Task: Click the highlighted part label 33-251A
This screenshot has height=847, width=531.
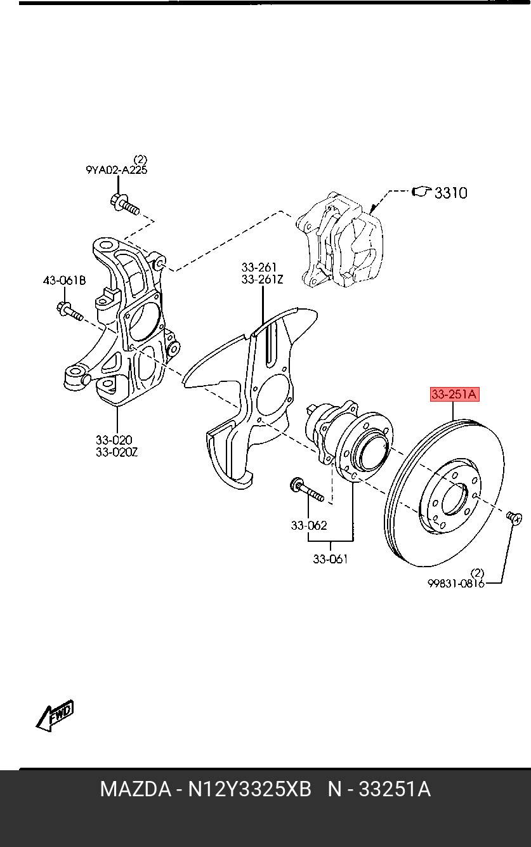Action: click(454, 395)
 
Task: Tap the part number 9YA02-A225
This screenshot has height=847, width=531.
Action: click(117, 170)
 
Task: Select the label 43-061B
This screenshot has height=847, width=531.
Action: click(64, 280)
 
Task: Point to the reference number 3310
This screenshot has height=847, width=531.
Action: click(450, 193)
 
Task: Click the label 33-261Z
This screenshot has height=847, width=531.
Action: click(262, 279)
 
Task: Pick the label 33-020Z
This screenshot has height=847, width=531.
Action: click(117, 452)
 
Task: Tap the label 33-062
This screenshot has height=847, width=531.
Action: click(308, 525)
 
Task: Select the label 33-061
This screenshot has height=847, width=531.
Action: click(330, 559)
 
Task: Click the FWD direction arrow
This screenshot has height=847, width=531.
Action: click(55, 715)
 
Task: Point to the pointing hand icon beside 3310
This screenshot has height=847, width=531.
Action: click(421, 192)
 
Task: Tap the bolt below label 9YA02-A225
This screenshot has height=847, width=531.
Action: click(125, 204)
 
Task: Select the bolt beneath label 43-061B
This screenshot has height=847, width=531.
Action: click(70, 310)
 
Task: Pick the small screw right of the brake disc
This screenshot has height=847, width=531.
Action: click(515, 517)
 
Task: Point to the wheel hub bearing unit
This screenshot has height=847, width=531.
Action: click(350, 442)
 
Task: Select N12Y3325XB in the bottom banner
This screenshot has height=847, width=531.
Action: click(249, 789)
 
